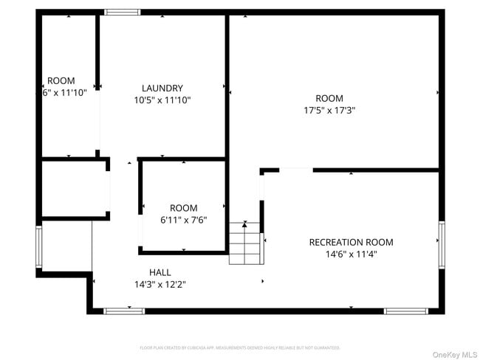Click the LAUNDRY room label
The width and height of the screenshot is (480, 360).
[162, 88]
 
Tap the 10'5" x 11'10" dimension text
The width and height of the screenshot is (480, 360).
[162, 100]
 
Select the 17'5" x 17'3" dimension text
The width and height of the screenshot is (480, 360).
[329, 111]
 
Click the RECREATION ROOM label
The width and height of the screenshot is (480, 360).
[351, 242]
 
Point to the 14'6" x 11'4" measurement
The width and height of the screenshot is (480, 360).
[351, 255]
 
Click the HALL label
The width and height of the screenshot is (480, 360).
[160, 271]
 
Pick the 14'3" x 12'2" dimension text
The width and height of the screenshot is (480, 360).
[160, 284]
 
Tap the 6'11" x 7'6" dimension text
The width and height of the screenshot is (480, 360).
[183, 220]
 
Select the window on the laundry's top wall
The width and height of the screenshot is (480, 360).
[122, 12]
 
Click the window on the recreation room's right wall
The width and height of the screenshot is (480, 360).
[442, 244]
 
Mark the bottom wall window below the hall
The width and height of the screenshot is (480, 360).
[123, 311]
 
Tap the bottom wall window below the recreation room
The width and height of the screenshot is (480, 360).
[406, 311]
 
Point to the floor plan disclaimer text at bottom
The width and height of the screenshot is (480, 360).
[239, 347]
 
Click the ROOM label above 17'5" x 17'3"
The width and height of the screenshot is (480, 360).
[329, 98]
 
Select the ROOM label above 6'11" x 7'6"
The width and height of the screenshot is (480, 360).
[183, 208]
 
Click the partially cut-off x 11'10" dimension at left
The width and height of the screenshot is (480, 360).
[64, 93]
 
